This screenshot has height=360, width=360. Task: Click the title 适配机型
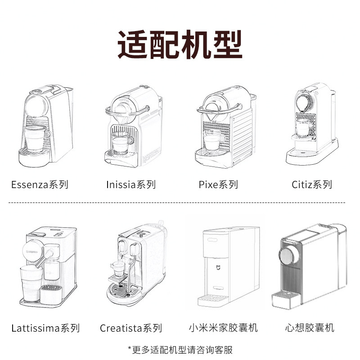180,44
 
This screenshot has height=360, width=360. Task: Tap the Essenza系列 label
40,184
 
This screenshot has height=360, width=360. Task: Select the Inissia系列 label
130,184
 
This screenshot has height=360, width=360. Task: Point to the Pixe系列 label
218,184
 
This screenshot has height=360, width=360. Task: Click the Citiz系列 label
312,184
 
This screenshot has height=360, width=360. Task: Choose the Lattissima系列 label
45,328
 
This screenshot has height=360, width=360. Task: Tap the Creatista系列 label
131,328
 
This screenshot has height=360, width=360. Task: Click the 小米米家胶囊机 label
223,327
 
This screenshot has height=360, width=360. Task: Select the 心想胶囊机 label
310,327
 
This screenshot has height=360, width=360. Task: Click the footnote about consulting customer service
180,349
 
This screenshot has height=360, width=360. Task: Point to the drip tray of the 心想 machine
287,297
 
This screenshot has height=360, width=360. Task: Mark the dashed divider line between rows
180,203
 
